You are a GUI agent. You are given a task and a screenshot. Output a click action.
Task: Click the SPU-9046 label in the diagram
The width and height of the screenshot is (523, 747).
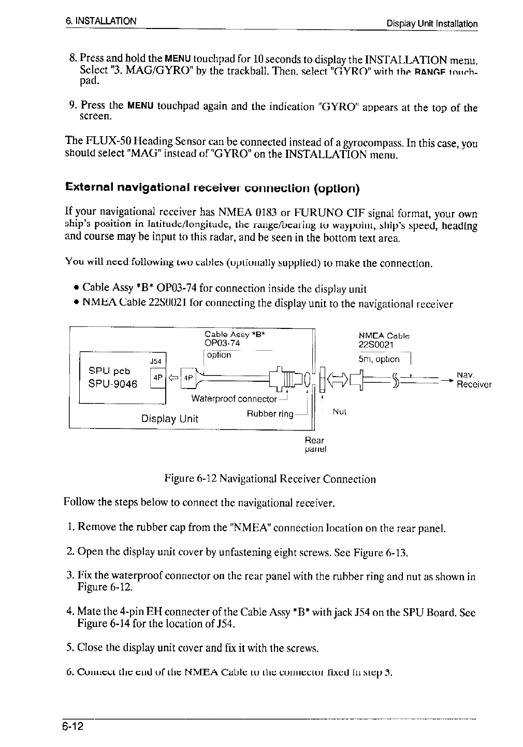(x=113, y=384)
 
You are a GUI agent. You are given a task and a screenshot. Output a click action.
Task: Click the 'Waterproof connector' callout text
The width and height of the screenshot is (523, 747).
(x=234, y=399)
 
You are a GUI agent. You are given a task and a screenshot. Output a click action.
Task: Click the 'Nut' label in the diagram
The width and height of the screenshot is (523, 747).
(x=339, y=412)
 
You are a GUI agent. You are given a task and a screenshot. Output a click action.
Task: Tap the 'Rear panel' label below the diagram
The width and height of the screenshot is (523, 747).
(x=314, y=444)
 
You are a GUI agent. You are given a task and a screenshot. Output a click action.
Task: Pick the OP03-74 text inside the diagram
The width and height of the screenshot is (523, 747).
(x=222, y=342)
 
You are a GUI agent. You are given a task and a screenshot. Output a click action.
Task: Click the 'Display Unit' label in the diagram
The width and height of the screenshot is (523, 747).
(x=170, y=419)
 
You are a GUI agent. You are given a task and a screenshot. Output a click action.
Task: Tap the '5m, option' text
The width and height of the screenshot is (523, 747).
(x=379, y=359)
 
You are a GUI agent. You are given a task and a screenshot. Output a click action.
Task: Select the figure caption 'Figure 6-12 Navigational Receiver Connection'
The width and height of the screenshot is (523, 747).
(x=270, y=479)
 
